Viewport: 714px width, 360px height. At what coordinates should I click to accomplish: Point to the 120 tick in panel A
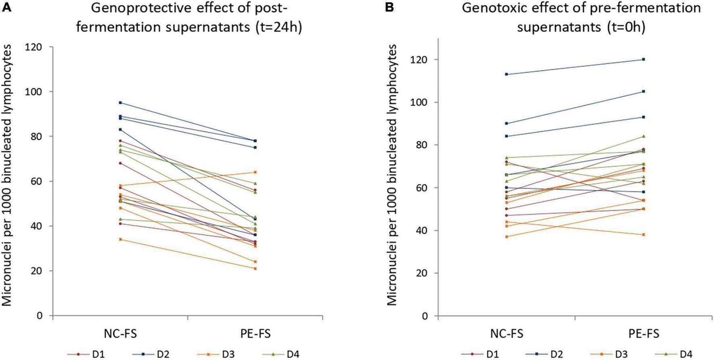pyautogui.click(x=35, y=47)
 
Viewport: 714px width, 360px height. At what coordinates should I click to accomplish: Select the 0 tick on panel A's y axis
pyautogui.click(x=39, y=316)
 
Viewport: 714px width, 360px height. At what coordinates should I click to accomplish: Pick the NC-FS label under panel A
pyautogui.click(x=120, y=334)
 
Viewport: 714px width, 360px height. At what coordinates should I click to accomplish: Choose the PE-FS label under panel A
pyautogui.click(x=255, y=334)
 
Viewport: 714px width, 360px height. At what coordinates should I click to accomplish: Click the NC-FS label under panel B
pyautogui.click(x=506, y=334)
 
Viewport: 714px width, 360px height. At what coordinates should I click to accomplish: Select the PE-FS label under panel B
pyautogui.click(x=643, y=334)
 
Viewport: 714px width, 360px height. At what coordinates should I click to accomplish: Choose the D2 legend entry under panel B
pyautogui.click(x=556, y=354)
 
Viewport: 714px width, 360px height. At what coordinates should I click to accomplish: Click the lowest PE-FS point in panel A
pyautogui.click(x=255, y=268)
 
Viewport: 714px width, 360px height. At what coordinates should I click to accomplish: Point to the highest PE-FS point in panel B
pyautogui.click(x=643, y=59)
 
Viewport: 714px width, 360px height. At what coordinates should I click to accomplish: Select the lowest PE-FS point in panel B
pyautogui.click(x=643, y=234)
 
